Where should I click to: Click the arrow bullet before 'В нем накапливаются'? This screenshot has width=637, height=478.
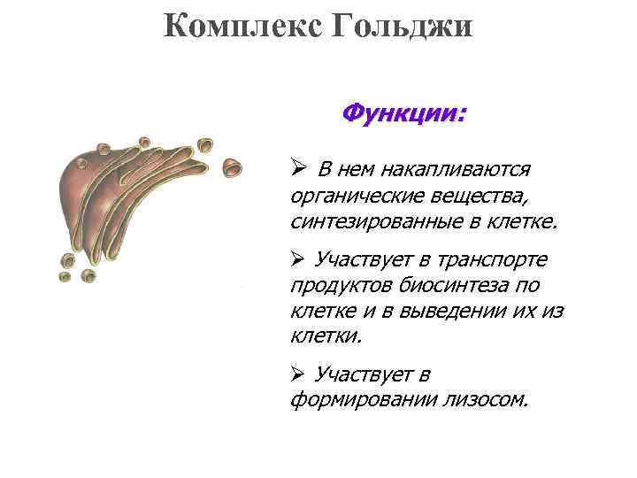click(298, 168)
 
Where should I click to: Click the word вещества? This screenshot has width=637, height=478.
click(461, 194)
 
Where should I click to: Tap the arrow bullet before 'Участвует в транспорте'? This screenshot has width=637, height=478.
click(298, 259)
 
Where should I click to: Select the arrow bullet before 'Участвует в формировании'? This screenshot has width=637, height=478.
click(298, 375)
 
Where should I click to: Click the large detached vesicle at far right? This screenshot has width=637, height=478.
click(232, 165)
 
